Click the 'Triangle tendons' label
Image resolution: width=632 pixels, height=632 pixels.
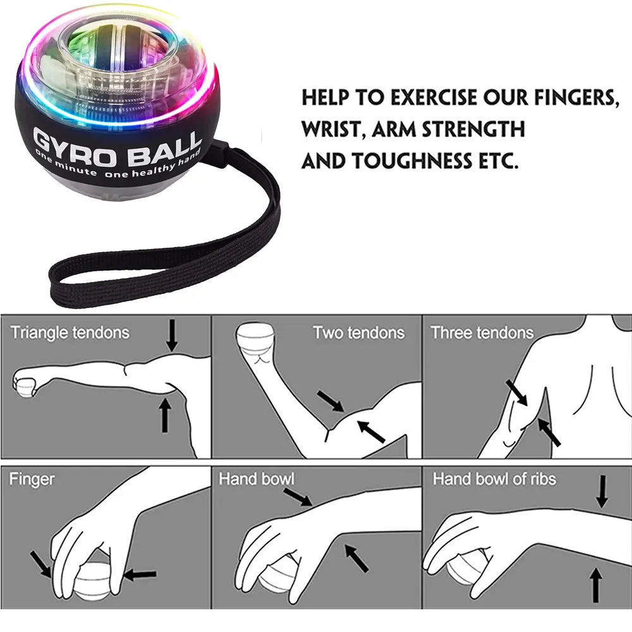pyautogui.click(x=70, y=333)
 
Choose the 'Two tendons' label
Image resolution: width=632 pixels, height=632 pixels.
pyautogui.click(x=358, y=333)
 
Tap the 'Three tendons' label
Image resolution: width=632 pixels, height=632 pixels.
pyautogui.click(x=482, y=333)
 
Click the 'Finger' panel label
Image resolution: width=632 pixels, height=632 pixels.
pyautogui.click(x=32, y=479)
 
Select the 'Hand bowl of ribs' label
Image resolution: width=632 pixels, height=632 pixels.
pyautogui.click(x=494, y=479)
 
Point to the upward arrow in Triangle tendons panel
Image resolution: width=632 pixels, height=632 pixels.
pyautogui.click(x=165, y=416)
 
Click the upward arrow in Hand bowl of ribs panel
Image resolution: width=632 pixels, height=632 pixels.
pyautogui.click(x=595, y=585)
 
